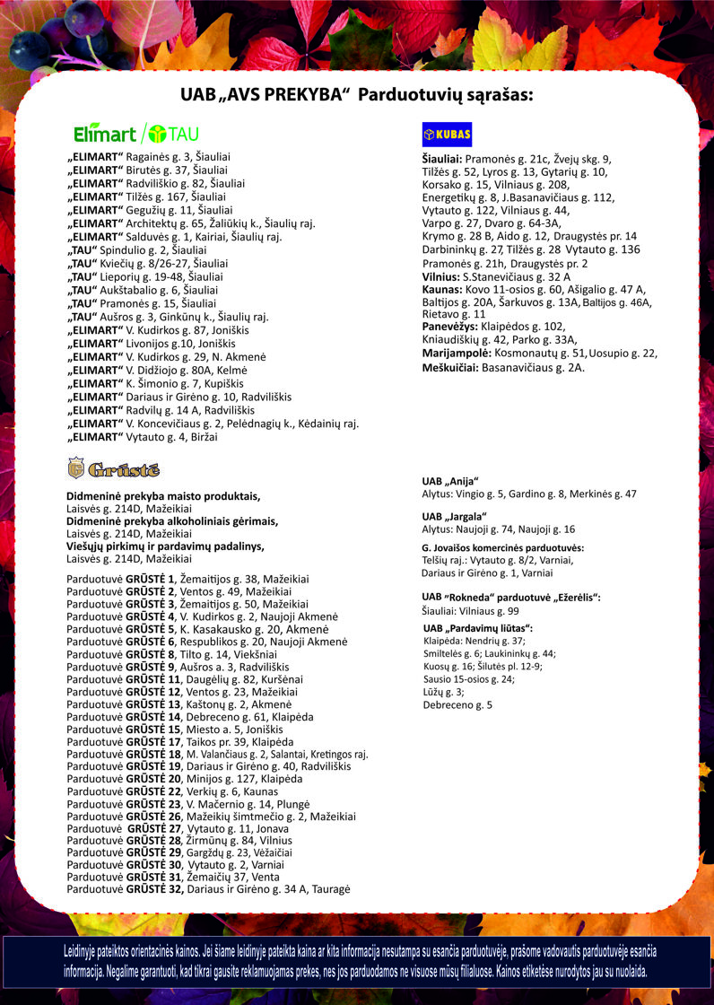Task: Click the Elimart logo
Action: coord(105,134)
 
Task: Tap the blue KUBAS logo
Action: coord(447,134)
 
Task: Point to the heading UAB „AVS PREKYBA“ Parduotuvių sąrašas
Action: coord(357,94)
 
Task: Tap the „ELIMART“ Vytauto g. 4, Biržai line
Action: coord(143,437)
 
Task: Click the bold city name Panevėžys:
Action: coord(450,327)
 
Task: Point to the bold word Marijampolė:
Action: coord(457,354)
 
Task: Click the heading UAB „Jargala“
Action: coord(454,516)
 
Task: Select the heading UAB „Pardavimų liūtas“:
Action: coord(478,628)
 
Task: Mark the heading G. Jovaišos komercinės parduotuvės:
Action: coord(503,547)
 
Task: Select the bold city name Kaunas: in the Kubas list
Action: coord(442,290)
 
